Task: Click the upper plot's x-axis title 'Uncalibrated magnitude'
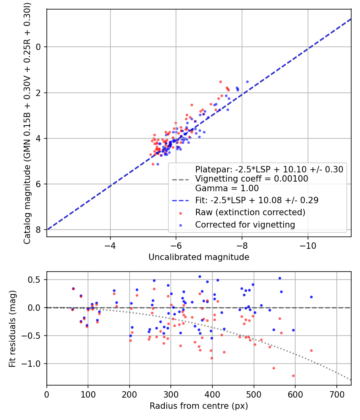[199, 257]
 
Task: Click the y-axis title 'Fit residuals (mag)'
[12, 328]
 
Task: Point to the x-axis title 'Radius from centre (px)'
[199, 406]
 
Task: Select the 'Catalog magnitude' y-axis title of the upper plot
[27, 122]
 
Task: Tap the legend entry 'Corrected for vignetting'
[245, 225]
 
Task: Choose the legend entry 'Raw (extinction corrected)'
[250, 212]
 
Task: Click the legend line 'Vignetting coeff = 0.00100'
[252, 179]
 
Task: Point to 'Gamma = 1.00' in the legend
[227, 188]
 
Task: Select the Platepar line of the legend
[269, 169]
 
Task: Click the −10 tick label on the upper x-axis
[308, 243]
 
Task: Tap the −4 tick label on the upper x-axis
[110, 243]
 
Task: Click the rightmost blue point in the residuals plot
[311, 297]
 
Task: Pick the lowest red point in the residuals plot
[293, 376]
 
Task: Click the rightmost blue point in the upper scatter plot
[247, 82]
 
